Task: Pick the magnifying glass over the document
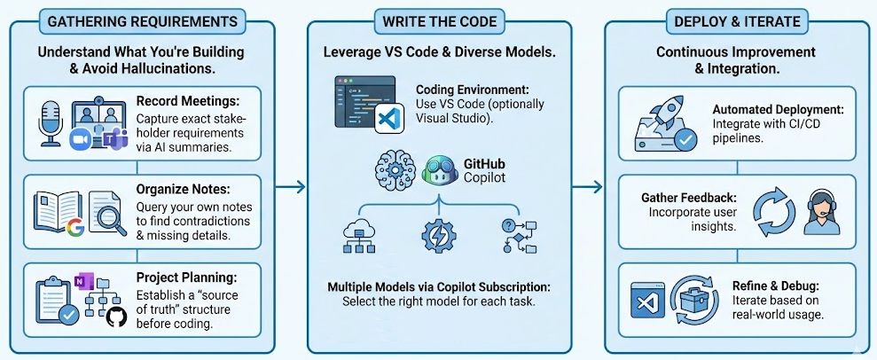point(107,215)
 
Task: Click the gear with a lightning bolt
point(438,237)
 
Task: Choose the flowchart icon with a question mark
point(517,236)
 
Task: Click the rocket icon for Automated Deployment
point(664,107)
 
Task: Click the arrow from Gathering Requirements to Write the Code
point(290,186)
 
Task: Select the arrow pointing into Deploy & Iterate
point(585,186)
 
